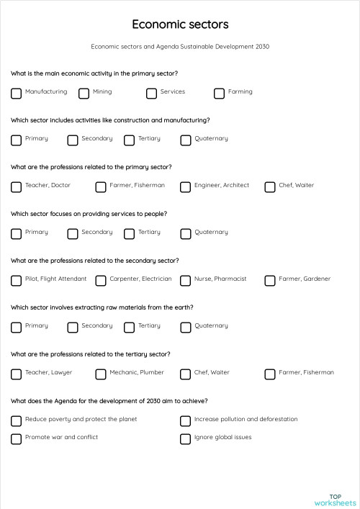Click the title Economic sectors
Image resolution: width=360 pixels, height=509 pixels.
click(180, 24)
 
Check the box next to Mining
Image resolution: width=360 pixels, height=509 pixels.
click(84, 93)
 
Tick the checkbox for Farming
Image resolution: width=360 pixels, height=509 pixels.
click(219, 93)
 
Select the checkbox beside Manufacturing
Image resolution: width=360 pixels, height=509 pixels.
click(16, 93)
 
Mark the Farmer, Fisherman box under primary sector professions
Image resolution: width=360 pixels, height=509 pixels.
click(101, 186)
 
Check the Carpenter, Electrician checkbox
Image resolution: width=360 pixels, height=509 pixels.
click(101, 280)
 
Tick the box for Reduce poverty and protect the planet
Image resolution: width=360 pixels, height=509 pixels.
click(16, 420)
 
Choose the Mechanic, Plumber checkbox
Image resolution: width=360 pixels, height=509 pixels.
click(101, 374)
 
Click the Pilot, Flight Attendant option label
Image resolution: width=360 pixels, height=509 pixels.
click(55, 279)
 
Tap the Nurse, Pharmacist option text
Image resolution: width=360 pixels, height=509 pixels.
click(220, 279)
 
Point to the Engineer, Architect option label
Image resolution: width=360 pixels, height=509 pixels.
click(222, 185)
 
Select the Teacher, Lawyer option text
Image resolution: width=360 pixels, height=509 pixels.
click(48, 372)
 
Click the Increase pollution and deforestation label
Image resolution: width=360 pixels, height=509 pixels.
click(246, 419)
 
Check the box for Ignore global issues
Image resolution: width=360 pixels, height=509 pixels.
click(185, 438)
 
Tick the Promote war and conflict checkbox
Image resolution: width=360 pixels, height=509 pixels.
click(16, 438)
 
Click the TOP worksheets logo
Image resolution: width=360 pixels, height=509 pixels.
click(335, 499)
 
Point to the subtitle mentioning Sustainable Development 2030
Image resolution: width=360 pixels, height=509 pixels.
click(180, 47)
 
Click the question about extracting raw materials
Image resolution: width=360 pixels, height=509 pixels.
click(102, 307)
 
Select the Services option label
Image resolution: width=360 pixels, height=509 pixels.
click(173, 91)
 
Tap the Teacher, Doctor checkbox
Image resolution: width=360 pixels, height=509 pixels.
click(16, 186)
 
